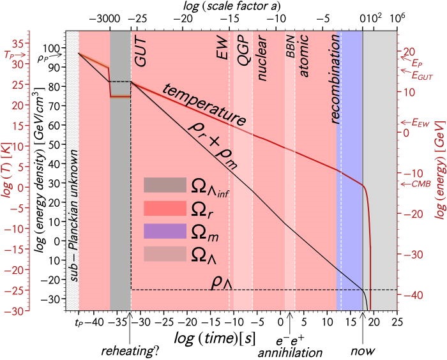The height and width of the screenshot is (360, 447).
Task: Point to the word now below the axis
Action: pyautogui.click(x=363, y=352)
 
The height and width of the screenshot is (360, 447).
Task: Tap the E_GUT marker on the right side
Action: pyautogui.click(x=418, y=75)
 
